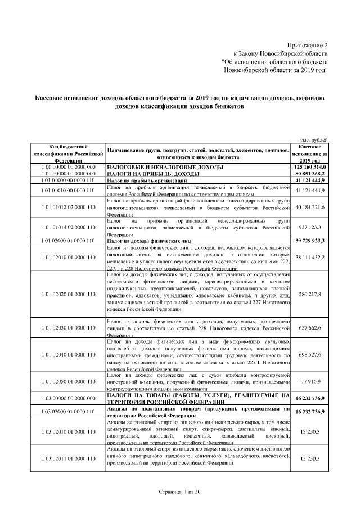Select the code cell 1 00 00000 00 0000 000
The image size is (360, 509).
click(67, 168)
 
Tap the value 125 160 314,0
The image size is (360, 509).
click(310, 168)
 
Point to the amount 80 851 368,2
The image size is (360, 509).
click(310, 174)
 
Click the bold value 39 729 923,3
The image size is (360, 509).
click(310, 241)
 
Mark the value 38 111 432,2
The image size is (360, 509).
click(310, 257)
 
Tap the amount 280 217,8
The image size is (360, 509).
click(310, 294)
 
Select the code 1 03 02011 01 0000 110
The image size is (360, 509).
click(67, 459)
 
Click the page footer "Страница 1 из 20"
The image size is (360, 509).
click(179, 492)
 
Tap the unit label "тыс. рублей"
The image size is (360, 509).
click(314, 139)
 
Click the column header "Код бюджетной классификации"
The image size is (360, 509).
click(67, 153)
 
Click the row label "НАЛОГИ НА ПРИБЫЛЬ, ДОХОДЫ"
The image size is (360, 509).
click(141, 174)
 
